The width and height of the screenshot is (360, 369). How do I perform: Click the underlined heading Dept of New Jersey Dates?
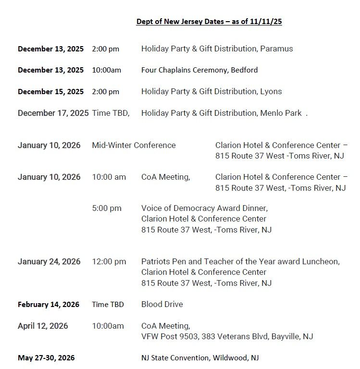209,22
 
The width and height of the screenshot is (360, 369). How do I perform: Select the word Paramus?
277,49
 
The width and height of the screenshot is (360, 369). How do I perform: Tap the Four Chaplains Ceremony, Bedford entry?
199,70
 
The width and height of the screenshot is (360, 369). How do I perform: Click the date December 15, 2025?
50,91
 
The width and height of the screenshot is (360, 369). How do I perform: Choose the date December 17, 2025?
53,113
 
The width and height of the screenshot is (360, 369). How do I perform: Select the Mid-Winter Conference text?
134,145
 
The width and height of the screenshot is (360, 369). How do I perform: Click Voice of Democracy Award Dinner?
204,208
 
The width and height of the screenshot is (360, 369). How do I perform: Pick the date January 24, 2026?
49,261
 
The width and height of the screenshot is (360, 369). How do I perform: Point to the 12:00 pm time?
109,261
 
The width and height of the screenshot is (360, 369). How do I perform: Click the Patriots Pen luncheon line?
240,261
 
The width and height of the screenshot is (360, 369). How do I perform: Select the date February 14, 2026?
49,304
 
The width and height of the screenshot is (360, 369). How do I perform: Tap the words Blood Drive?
162,304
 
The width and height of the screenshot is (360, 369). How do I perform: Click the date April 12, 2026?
43,326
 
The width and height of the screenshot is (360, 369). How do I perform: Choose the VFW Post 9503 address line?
227,336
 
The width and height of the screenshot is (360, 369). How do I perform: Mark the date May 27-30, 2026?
46,357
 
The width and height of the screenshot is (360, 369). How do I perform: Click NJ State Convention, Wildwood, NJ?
199,357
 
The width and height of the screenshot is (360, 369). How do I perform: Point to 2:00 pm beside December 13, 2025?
106,49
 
